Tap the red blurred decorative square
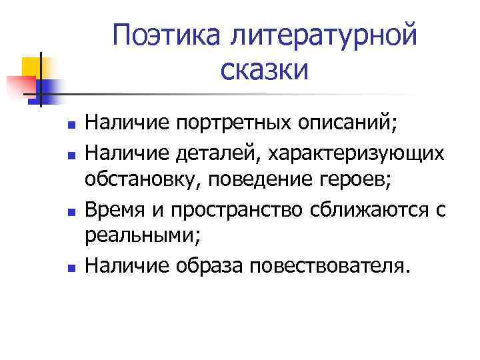(20, 85)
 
